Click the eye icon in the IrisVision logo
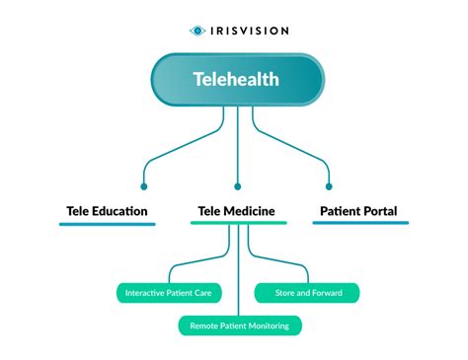[197, 31]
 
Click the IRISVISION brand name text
[249, 31]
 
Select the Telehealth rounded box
[237, 77]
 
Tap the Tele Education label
[107, 210]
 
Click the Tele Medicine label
[237, 210]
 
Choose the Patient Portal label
[360, 210]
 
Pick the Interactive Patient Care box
[169, 293]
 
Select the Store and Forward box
[307, 293]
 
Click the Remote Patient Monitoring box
[239, 324]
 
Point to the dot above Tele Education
[144, 185]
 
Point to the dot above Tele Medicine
[237, 185]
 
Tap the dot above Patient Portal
[329, 185]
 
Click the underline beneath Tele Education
[107, 224]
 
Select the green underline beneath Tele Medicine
[237, 224]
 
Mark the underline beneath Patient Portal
[360, 224]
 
